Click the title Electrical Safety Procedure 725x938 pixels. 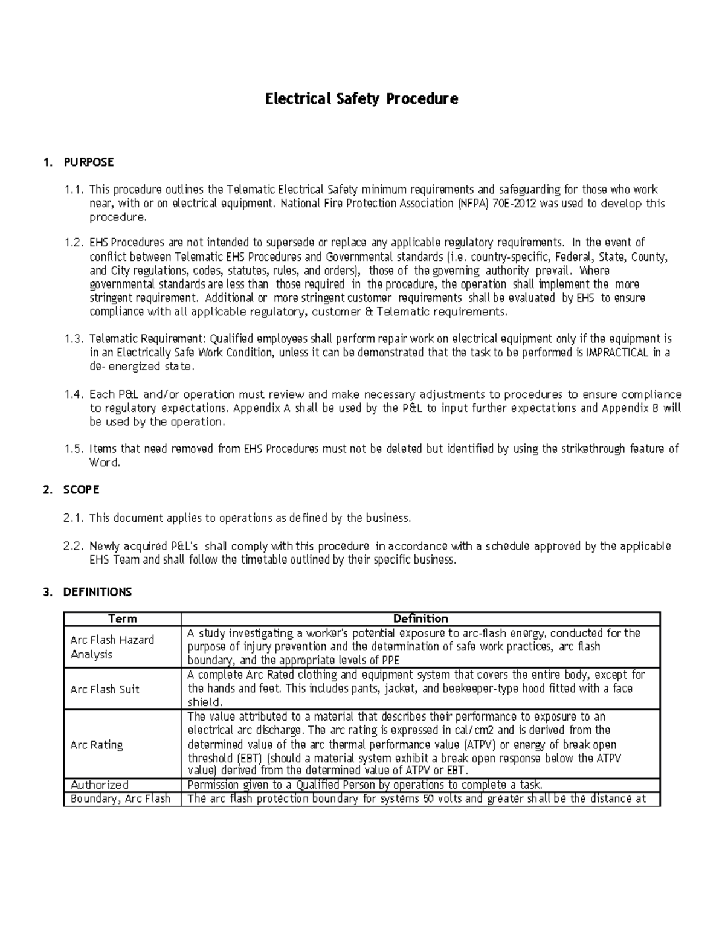(361, 98)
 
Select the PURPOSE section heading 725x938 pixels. (88, 162)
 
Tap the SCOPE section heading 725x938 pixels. (81, 490)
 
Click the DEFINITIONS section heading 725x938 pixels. (97, 592)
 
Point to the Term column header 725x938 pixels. (122, 618)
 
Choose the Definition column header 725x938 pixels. (420, 618)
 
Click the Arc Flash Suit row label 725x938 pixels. (105, 689)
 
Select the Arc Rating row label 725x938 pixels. (97, 745)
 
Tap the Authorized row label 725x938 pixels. (100, 785)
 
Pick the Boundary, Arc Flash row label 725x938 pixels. (120, 798)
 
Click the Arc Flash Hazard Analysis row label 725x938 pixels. (112, 647)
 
